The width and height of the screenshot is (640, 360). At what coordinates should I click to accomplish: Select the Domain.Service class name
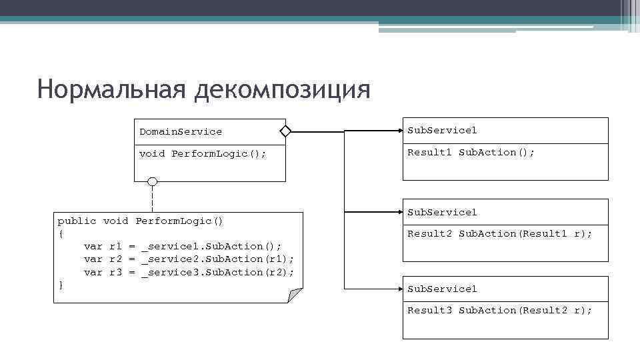point(181,131)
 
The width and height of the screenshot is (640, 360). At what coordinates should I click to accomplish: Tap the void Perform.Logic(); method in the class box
point(203,153)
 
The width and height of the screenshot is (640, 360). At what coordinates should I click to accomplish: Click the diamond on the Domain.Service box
point(285,131)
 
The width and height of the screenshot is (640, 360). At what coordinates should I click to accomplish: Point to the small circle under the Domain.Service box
point(153,182)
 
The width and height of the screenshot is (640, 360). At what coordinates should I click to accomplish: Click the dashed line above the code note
point(153,198)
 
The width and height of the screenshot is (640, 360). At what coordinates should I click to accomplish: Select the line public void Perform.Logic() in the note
point(141,221)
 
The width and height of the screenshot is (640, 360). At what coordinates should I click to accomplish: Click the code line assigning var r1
point(183,246)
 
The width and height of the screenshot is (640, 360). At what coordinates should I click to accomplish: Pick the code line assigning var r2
point(189,259)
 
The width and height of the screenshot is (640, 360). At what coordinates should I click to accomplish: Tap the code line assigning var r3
point(189,272)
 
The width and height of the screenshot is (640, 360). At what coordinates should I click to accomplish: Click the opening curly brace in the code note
point(61,233)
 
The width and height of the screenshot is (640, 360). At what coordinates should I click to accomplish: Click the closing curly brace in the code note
point(61,285)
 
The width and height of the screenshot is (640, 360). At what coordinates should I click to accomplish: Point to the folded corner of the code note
point(295,295)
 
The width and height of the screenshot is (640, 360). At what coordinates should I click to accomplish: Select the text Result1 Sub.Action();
point(471,152)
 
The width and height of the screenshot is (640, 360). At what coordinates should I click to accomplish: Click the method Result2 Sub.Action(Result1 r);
point(499,233)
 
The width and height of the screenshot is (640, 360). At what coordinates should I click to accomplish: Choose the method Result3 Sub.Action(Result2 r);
point(499,310)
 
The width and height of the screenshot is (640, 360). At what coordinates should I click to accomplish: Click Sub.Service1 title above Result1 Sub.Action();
point(442,130)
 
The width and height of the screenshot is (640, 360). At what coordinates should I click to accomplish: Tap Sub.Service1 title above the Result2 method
point(442,212)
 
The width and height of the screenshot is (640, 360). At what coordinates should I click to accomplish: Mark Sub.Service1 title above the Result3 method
point(442,289)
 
